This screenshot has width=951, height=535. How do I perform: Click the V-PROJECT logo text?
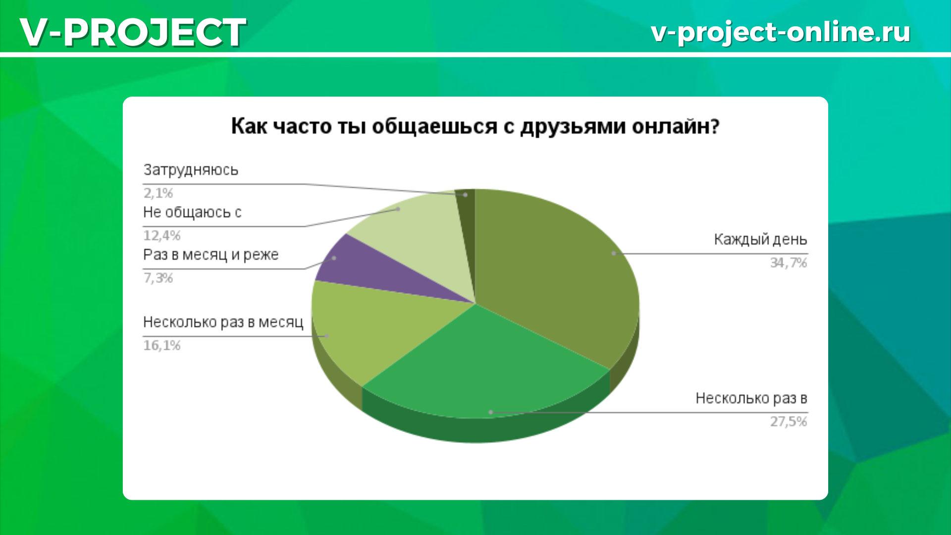(x=133, y=32)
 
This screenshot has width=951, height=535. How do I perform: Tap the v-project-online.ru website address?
(x=781, y=33)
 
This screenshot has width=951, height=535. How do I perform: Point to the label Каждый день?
(x=760, y=240)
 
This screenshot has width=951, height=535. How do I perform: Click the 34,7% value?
(x=789, y=263)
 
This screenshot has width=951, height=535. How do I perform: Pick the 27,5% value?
(x=789, y=422)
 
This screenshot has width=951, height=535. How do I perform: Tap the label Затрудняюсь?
(x=191, y=170)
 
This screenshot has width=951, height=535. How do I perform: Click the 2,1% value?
(x=158, y=193)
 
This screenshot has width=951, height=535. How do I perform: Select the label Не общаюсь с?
(x=192, y=213)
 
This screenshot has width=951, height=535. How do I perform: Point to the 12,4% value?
(x=162, y=235)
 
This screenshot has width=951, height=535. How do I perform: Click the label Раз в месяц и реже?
(x=211, y=255)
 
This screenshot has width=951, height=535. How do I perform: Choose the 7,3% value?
(x=158, y=278)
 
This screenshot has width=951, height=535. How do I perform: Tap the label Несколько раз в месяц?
(x=223, y=322)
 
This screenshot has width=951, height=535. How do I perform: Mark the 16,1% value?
(x=162, y=345)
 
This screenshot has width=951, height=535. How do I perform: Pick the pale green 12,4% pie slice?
(x=421, y=238)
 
